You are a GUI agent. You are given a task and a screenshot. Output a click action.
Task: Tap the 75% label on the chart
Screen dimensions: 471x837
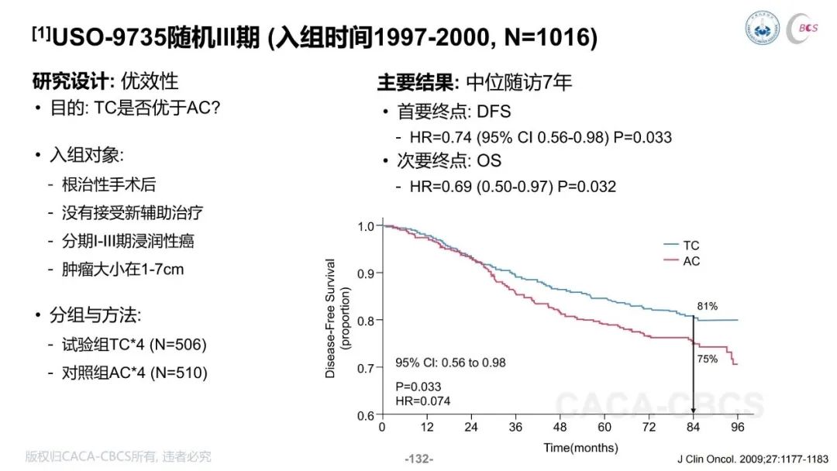(707, 359)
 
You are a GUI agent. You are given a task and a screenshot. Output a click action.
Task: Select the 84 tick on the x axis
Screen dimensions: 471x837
(693, 427)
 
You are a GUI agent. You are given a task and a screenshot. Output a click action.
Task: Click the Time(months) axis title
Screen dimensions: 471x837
(580, 447)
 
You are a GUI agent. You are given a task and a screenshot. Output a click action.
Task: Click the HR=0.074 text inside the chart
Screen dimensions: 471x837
(423, 401)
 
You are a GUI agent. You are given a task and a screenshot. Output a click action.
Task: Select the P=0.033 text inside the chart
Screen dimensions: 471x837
(418, 386)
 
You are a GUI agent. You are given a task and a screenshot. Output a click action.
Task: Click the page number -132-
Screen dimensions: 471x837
(418, 459)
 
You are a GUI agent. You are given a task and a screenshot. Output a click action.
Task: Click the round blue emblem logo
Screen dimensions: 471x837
(763, 28)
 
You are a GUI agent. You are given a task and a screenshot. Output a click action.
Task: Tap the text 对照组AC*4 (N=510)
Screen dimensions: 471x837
(134, 373)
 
